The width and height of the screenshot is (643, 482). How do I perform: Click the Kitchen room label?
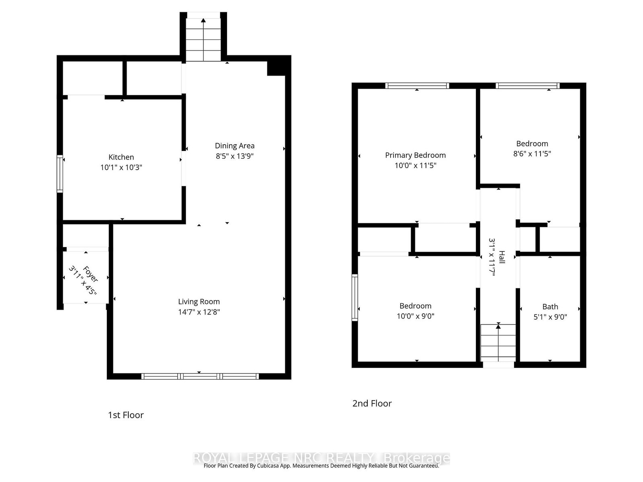(121, 157)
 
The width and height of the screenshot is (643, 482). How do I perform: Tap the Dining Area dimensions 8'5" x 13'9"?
(234, 156)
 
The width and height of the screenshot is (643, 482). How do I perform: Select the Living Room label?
(199, 302)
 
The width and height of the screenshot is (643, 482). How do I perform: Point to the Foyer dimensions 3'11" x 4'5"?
(82, 280)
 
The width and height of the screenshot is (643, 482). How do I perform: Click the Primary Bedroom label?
(416, 155)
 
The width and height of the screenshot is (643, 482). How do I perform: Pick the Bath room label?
(550, 307)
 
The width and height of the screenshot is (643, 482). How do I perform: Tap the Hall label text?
(502, 257)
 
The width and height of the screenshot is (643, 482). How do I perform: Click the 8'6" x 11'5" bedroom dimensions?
(532, 154)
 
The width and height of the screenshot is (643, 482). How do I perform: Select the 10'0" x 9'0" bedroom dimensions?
(416, 316)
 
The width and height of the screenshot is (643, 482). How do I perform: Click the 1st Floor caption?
(126, 415)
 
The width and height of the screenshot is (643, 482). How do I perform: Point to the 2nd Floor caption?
(372, 404)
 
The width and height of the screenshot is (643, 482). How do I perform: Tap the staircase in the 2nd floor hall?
(498, 343)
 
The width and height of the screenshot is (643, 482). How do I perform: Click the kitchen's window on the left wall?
(60, 174)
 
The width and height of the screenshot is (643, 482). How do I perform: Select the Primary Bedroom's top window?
(417, 86)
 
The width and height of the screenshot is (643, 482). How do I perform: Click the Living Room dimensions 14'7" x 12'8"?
(199, 312)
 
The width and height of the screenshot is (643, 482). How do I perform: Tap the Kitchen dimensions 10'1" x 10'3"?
(121, 167)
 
